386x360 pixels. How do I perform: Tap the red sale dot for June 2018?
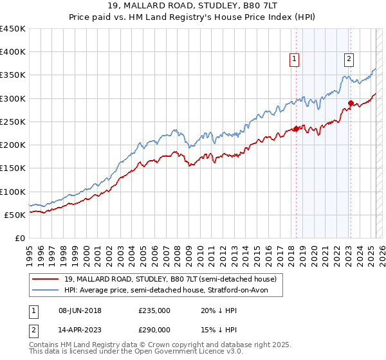tap(296, 129)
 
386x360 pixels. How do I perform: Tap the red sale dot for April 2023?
tap(351, 103)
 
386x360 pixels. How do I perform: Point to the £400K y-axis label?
tap(13, 52)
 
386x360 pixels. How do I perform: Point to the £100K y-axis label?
tap(13, 192)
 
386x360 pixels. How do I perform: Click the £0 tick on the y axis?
tap(19, 238)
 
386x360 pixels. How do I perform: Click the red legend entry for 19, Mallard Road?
tap(170, 279)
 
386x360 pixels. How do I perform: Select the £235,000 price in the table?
tap(154, 310)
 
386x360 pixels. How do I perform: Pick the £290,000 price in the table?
tap(154, 329)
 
